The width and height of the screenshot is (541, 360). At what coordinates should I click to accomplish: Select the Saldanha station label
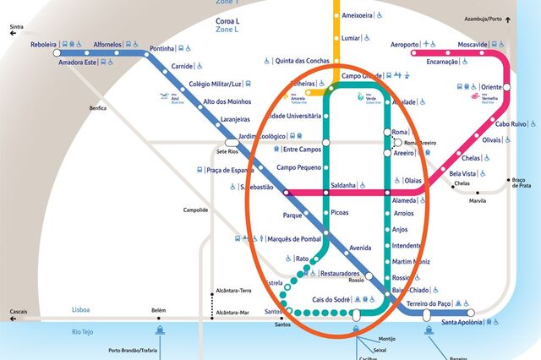pyautogui.click(x=343, y=184)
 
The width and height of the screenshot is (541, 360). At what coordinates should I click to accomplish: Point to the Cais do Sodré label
pyautogui.click(x=331, y=300)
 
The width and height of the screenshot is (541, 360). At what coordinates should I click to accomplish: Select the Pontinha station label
pyautogui.click(x=161, y=48)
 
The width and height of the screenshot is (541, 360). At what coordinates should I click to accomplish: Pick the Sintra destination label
pyautogui.click(x=16, y=27)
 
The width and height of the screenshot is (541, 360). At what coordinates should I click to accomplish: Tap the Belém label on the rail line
pyautogui.click(x=159, y=310)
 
